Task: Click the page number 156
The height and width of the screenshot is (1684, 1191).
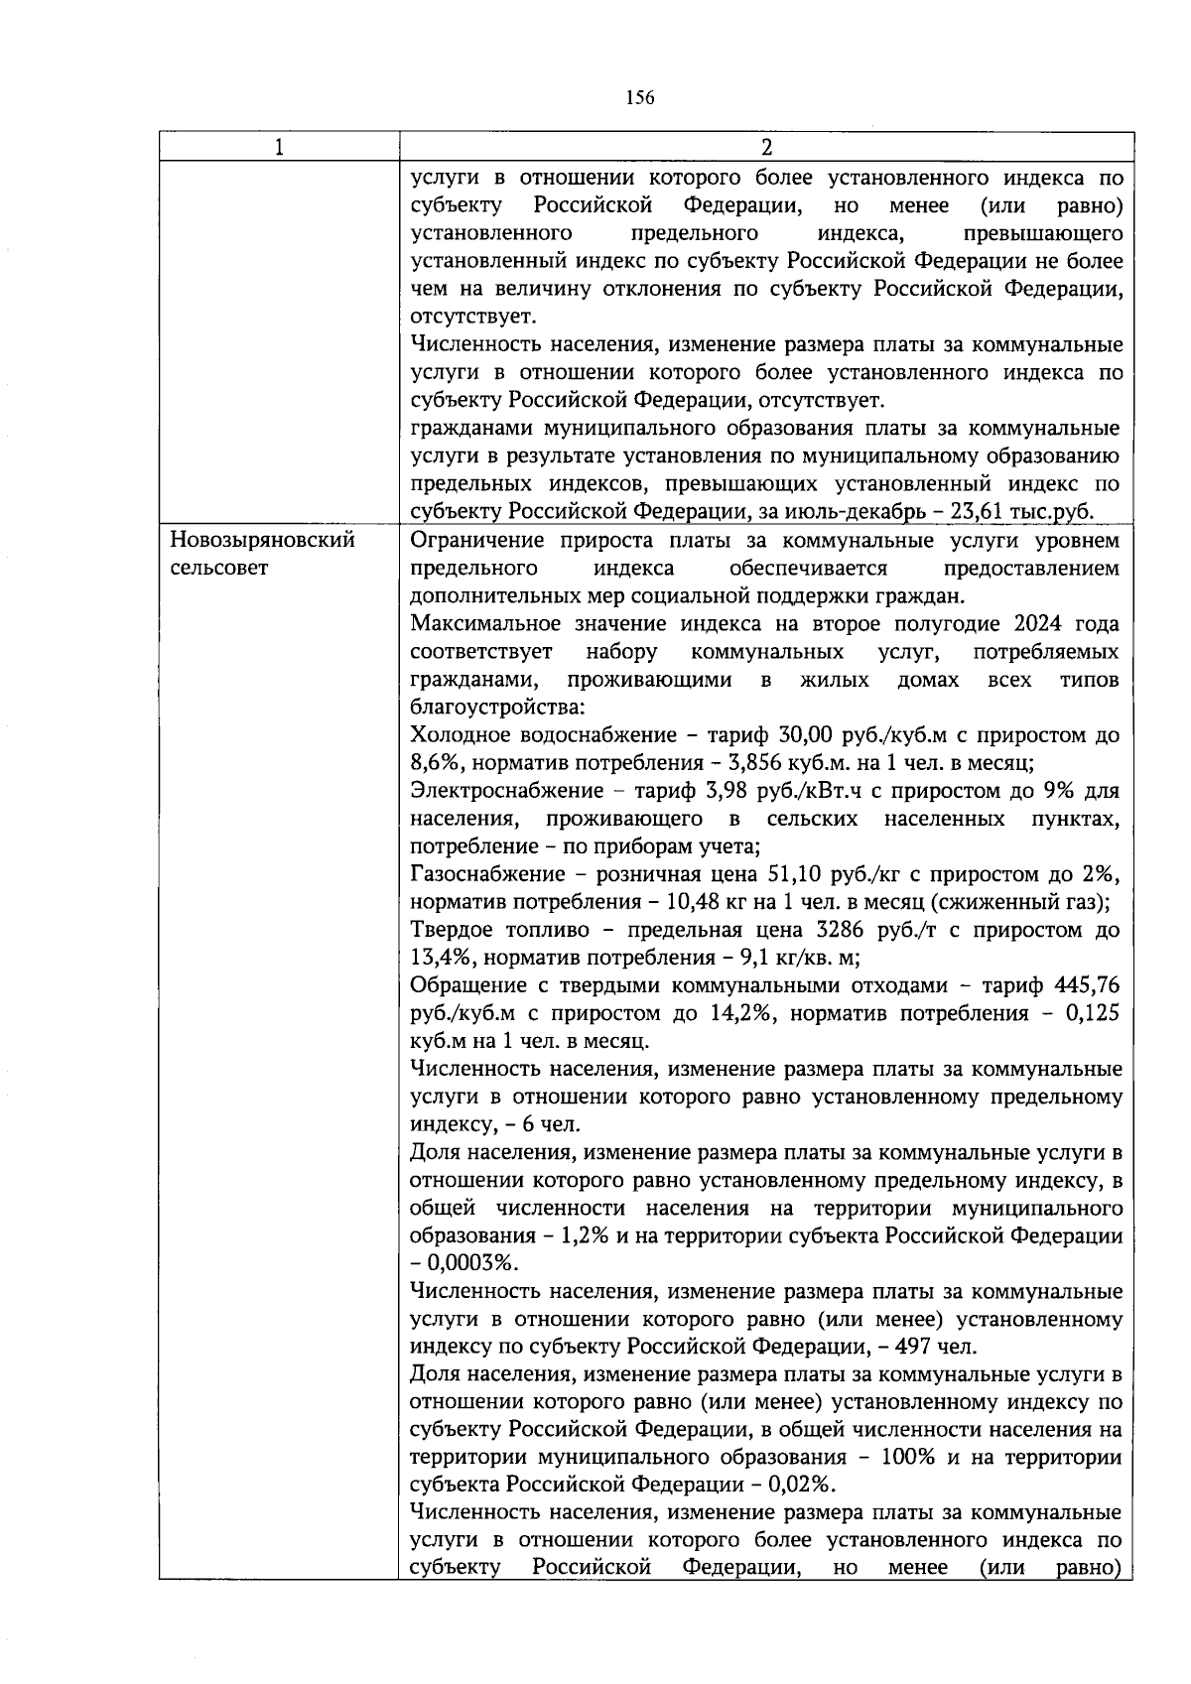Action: (x=640, y=97)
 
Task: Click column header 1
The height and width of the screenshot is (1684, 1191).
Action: (x=279, y=147)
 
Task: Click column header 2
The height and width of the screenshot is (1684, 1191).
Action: (x=765, y=147)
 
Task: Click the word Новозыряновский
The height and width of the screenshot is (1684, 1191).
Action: (x=263, y=542)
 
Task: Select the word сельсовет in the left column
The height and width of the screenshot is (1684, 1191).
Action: (x=219, y=570)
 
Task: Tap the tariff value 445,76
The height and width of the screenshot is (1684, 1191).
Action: (x=1088, y=986)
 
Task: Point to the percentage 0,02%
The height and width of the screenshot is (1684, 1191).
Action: (x=802, y=1487)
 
